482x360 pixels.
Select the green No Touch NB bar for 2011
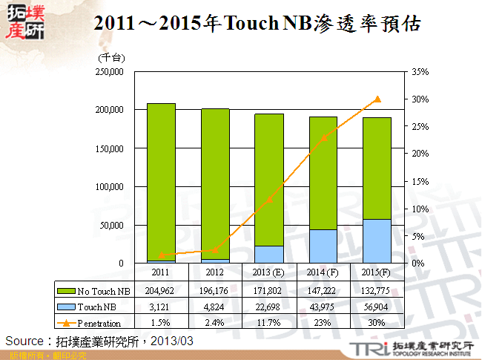pyautogui.click(x=161, y=181)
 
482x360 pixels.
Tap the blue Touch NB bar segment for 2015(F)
pyautogui.click(x=377, y=241)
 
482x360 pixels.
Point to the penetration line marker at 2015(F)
pyautogui.click(x=377, y=99)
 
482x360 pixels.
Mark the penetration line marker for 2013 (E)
pyautogui.click(x=269, y=200)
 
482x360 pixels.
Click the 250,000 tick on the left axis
pyautogui.click(x=108, y=71)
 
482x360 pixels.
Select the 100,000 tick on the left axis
pyautogui.click(x=108, y=186)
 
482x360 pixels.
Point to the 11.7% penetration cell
pyautogui.click(x=268, y=323)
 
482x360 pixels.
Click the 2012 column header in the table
pyautogui.click(x=215, y=273)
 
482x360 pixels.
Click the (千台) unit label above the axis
pyautogui.click(x=111, y=57)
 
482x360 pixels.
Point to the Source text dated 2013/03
pyautogui.click(x=99, y=341)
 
